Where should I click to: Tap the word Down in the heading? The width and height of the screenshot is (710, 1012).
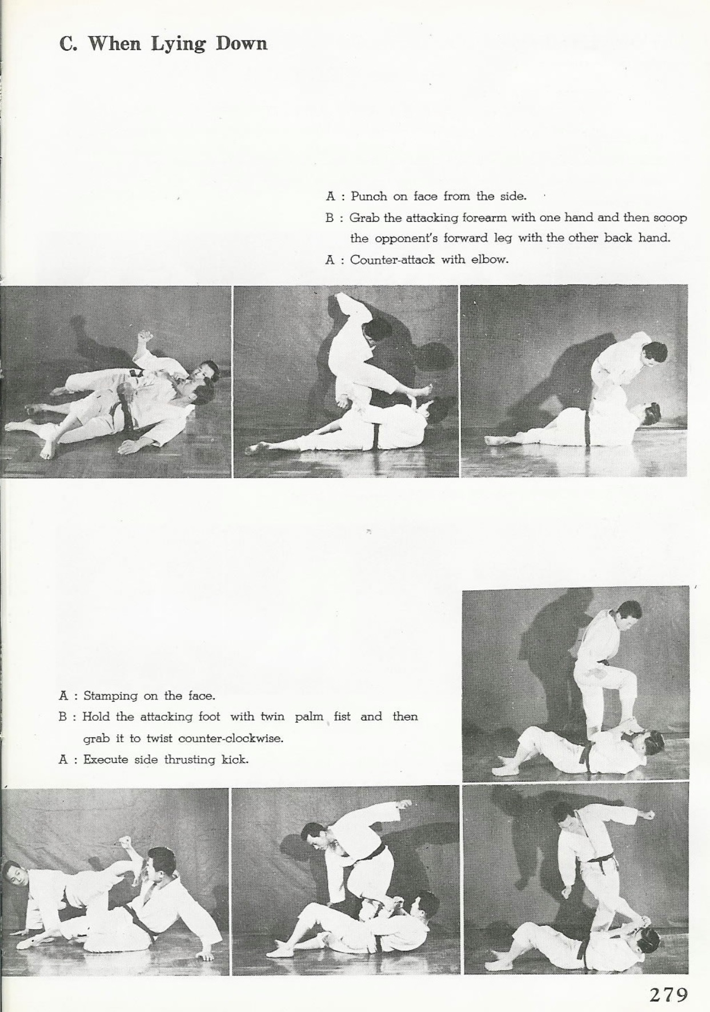242,43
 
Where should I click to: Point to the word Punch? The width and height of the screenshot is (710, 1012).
369,196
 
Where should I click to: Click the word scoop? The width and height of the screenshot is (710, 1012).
669,218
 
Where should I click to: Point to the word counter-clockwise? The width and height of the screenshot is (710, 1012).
231,738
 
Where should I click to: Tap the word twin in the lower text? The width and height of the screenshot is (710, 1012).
272,717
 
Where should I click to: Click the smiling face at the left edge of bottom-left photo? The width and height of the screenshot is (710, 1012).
14,878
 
